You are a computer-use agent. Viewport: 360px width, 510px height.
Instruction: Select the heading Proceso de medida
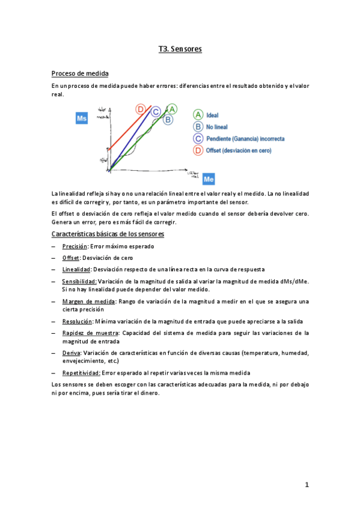click(x=80, y=73)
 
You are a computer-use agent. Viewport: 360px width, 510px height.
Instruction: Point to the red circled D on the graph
click(x=140, y=109)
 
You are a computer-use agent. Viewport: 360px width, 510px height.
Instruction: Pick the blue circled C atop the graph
click(x=156, y=111)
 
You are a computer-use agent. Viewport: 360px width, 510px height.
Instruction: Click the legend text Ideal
click(x=212, y=114)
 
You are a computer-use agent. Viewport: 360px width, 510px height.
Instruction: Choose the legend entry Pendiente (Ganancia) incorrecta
click(x=245, y=139)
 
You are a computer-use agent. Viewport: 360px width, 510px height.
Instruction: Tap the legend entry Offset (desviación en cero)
click(x=242, y=150)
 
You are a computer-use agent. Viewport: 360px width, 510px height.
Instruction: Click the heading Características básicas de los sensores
click(x=108, y=233)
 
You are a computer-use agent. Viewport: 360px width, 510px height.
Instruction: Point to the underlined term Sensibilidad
click(x=79, y=281)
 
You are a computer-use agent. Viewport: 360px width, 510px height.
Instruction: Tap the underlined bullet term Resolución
click(x=77, y=321)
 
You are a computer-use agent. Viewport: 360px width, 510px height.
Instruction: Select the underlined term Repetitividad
click(x=81, y=373)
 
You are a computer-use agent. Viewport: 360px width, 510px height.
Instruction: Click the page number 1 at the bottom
click(x=307, y=484)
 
